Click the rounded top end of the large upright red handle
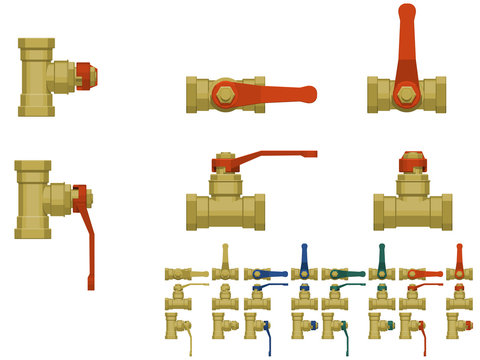[407, 12]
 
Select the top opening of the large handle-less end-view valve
[39, 42]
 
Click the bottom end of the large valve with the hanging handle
[39, 235]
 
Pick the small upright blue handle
[303, 255]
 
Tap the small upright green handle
[381, 255]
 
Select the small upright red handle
[459, 255]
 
